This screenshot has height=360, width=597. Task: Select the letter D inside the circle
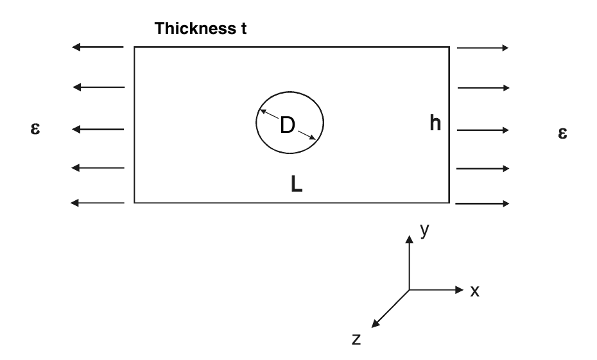[287, 126]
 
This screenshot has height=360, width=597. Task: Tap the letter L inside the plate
[296, 185]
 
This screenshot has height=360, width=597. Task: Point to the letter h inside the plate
[436, 124]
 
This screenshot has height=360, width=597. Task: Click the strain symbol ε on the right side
[563, 133]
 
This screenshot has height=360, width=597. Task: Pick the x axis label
[475, 291]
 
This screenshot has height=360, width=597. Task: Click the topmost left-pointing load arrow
[97, 47]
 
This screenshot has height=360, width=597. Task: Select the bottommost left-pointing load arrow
[97, 203]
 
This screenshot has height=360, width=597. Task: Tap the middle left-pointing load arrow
[97, 130]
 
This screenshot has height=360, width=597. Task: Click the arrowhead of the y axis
[409, 238]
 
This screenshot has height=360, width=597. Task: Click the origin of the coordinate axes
[409, 289]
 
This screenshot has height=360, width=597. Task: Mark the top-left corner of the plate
[134, 47]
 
